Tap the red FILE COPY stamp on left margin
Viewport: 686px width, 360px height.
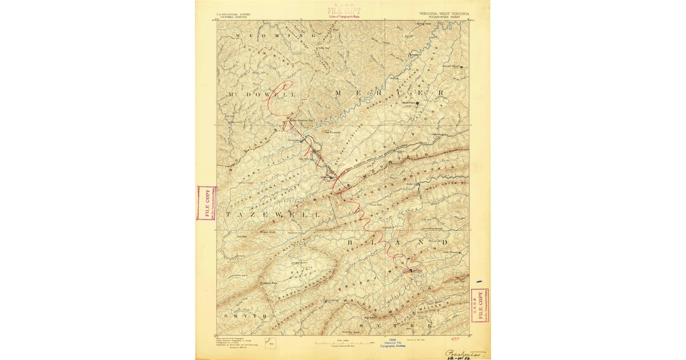(206, 203)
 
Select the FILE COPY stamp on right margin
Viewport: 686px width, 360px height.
(480, 306)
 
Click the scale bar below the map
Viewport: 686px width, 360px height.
(343, 343)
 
